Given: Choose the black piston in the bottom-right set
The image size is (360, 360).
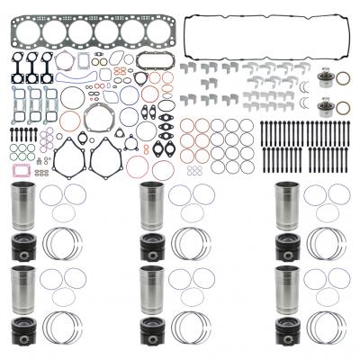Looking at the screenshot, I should tap(287, 326).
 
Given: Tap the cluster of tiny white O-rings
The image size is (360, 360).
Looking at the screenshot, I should tap(193, 168).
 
